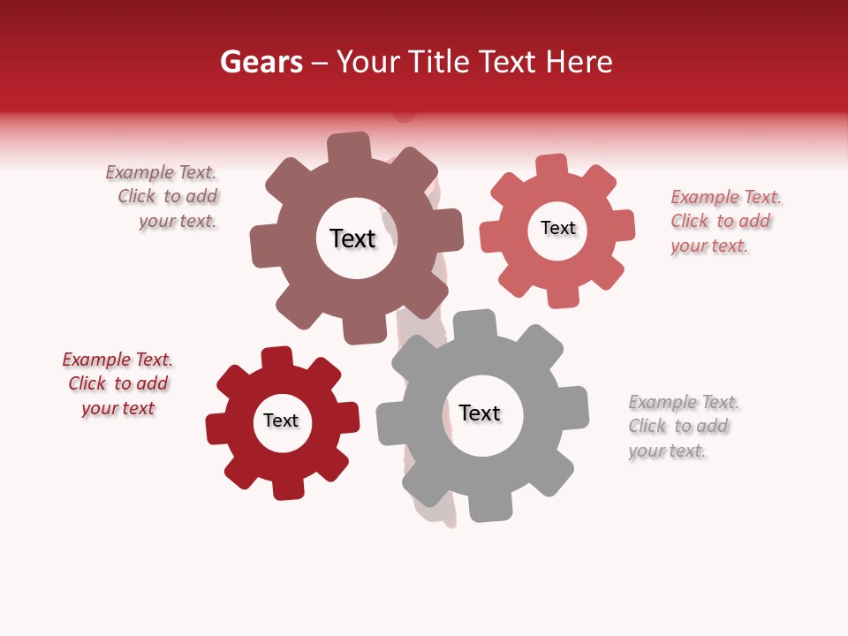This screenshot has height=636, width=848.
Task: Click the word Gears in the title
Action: pyautogui.click(x=260, y=63)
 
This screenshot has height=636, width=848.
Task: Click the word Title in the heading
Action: pyautogui.click(x=440, y=63)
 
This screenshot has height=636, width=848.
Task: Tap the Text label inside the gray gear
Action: pyautogui.click(x=480, y=413)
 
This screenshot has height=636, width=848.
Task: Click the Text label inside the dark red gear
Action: pyautogui.click(x=281, y=421)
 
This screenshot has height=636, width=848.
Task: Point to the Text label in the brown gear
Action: pyautogui.click(x=353, y=238)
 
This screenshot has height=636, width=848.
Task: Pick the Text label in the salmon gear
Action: pyautogui.click(x=558, y=229)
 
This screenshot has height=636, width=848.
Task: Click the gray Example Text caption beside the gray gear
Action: pyautogui.click(x=684, y=427)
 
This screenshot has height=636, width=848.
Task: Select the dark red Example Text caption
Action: pyautogui.click(x=117, y=384)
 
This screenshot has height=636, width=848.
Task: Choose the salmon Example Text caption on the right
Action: pyautogui.click(x=725, y=222)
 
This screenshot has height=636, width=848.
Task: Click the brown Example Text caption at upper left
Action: pyautogui.click(x=163, y=197)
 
